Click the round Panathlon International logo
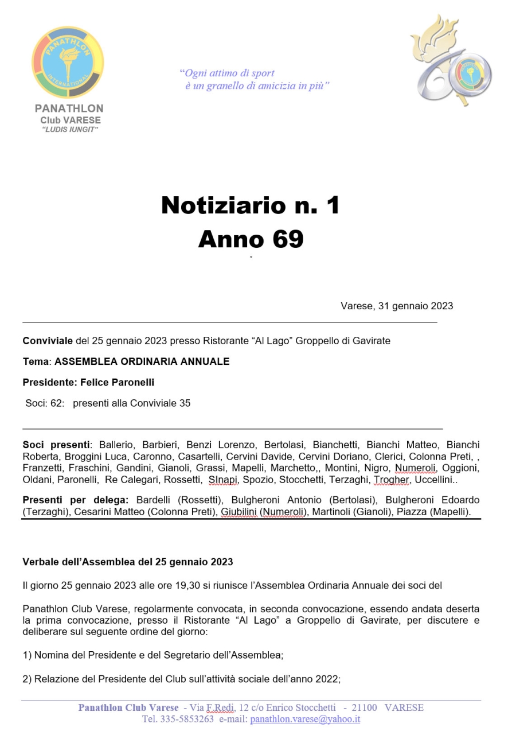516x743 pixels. click(x=68, y=63)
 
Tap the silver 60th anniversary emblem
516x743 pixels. click(x=451, y=60)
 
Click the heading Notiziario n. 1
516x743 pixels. click(x=251, y=205)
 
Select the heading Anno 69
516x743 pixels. click(x=251, y=239)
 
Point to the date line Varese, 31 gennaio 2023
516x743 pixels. click(x=397, y=306)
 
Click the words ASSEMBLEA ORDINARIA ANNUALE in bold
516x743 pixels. click(x=142, y=361)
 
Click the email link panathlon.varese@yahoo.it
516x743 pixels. click(x=305, y=719)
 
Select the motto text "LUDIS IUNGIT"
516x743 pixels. click(x=71, y=130)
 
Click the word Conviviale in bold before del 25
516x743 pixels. click(x=48, y=341)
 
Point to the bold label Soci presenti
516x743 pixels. click(x=56, y=445)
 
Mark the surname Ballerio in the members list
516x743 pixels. click(x=118, y=445)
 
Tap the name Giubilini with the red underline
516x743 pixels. click(x=239, y=512)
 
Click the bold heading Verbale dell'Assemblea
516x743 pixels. click(x=127, y=562)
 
